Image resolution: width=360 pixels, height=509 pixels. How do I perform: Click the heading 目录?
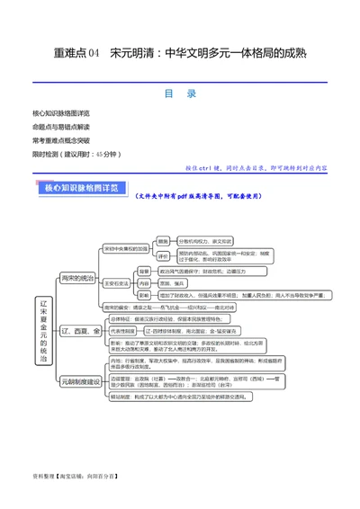point(180,93)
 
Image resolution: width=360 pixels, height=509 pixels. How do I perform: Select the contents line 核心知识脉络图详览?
point(60,114)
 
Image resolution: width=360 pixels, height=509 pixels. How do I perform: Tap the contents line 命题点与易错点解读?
point(60,128)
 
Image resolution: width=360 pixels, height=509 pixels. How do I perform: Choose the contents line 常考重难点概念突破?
point(60,141)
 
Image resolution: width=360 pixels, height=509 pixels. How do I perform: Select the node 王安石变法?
point(119,282)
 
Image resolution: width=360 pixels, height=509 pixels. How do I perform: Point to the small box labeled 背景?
point(145,271)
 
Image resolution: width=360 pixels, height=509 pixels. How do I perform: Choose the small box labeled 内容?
point(145,282)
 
